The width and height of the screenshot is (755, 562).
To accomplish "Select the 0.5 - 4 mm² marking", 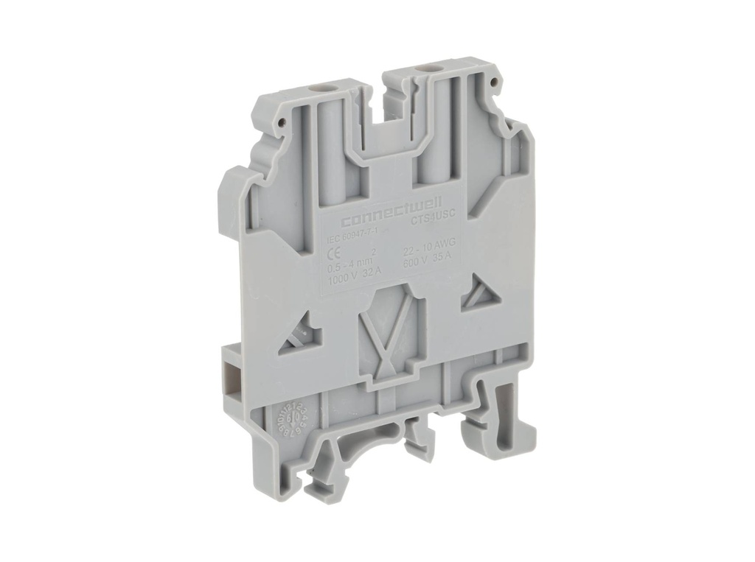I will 352,258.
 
